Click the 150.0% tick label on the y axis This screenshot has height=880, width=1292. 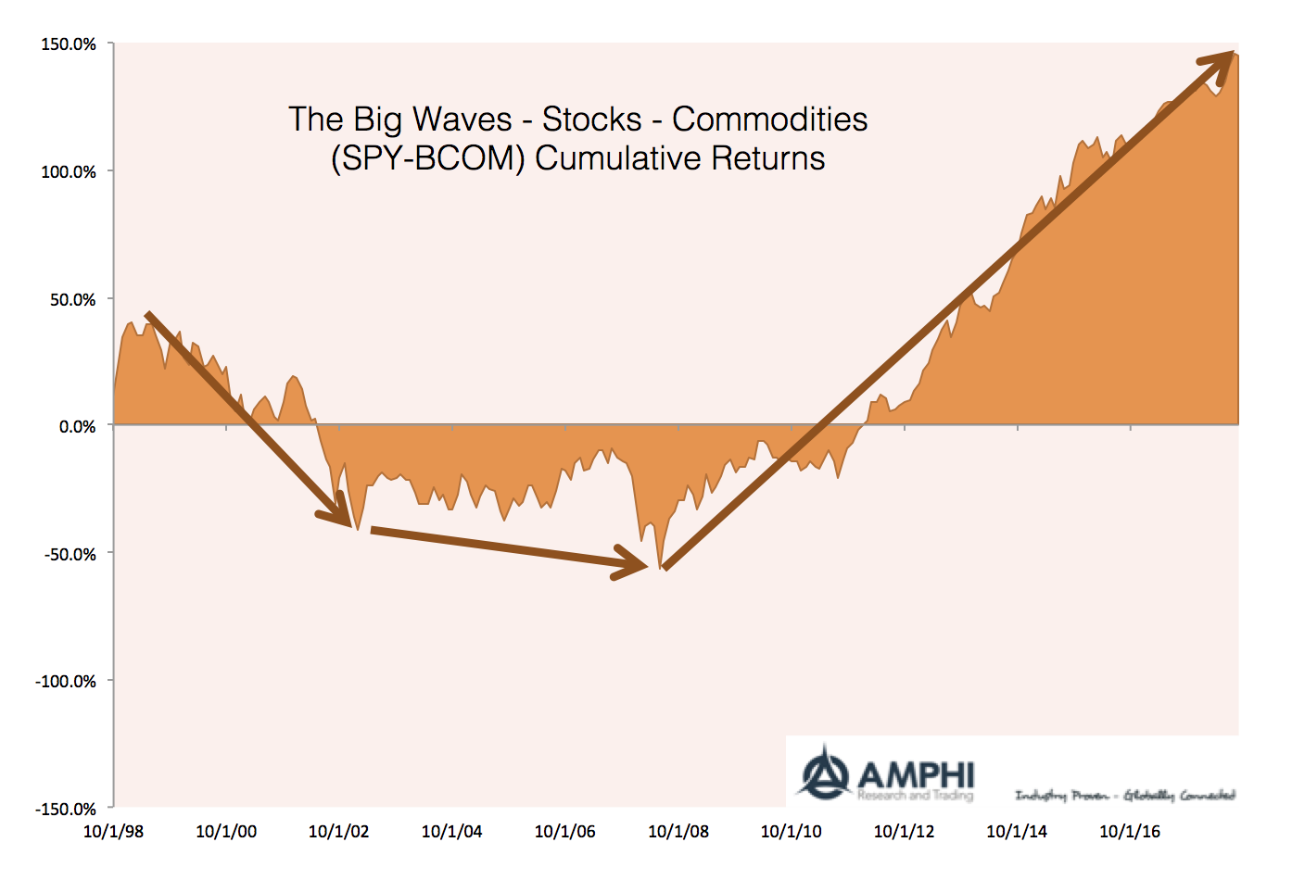pyautogui.click(x=69, y=44)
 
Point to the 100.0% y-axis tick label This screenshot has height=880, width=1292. pyautogui.click(x=69, y=171)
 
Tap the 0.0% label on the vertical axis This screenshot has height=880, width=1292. pyautogui.click(x=77, y=427)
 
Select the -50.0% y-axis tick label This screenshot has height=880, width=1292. pyautogui.click(x=70, y=554)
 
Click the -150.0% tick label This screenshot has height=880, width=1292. pyautogui.click(x=66, y=809)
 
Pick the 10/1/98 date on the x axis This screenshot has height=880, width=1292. pyautogui.click(x=113, y=831)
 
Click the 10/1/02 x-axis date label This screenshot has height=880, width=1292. pyautogui.click(x=339, y=831)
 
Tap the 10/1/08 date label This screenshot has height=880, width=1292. pyautogui.click(x=678, y=831)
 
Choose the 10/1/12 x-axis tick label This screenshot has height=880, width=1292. pyautogui.click(x=904, y=831)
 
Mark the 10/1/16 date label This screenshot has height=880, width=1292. pyautogui.click(x=1130, y=831)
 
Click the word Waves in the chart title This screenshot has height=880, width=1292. pyautogui.click(x=462, y=119)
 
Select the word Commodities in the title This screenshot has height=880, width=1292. pyautogui.click(x=769, y=119)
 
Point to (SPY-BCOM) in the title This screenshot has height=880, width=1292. pyautogui.click(x=428, y=158)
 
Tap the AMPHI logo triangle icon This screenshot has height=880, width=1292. pyautogui.click(x=825, y=772)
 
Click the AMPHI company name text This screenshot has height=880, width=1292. pyautogui.click(x=916, y=774)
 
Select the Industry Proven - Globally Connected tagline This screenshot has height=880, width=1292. pyautogui.click(x=1125, y=795)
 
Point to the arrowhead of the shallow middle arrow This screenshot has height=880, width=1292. pyautogui.click(x=633, y=562)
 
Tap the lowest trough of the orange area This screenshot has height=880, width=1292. pyautogui.click(x=660, y=568)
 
